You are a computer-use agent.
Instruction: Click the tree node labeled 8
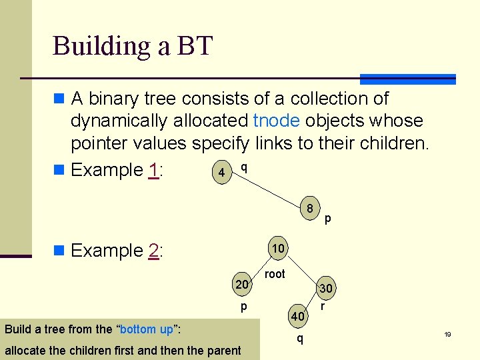tap(310, 208)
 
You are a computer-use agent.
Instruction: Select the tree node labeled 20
tap(241, 285)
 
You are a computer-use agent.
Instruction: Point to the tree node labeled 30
tap(326, 289)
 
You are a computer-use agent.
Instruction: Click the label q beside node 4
tap(244, 167)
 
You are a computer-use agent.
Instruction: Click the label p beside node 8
tap(328, 218)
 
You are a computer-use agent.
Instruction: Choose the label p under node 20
tap(244, 306)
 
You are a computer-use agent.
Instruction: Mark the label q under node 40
tap(299, 338)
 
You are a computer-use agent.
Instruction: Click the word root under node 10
tap(275, 274)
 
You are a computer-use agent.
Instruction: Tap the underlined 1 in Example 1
tap(153, 170)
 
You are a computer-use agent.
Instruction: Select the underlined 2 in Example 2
tap(153, 251)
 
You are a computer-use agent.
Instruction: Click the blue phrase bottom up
tap(147, 329)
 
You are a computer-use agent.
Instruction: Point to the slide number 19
tap(448, 334)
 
